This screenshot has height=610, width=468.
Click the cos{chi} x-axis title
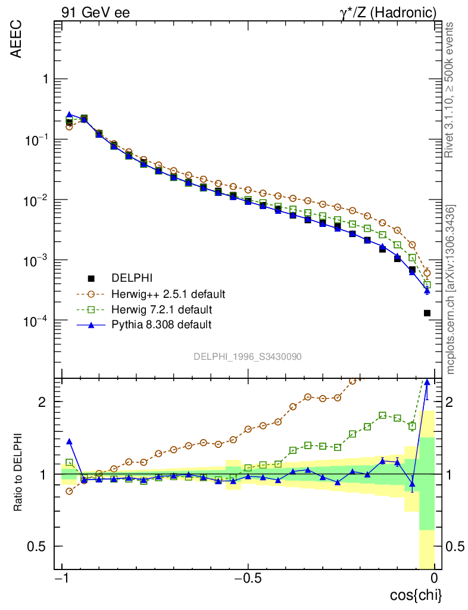(416, 595)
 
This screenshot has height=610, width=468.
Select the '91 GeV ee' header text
(95, 13)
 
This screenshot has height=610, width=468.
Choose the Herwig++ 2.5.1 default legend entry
(168, 294)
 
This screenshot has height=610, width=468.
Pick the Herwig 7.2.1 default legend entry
(161, 309)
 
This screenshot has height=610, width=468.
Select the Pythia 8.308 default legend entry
(161, 325)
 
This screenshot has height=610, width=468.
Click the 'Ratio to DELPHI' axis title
(18, 474)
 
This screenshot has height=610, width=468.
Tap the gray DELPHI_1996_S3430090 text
(247, 356)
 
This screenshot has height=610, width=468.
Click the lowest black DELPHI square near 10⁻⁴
(427, 313)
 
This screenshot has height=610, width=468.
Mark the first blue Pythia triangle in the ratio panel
(69, 441)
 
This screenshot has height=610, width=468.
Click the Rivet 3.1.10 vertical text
(450, 89)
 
